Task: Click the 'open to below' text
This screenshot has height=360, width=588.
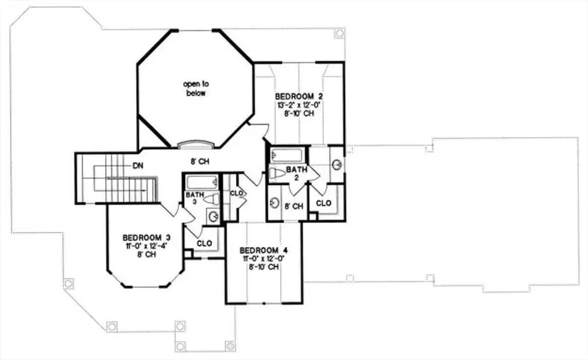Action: (194, 88)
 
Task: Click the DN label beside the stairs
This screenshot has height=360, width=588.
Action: (138, 166)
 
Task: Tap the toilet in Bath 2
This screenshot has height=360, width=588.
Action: (278, 174)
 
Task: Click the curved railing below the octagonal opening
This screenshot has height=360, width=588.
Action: (196, 144)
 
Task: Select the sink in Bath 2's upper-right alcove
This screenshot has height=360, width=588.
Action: (336, 163)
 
